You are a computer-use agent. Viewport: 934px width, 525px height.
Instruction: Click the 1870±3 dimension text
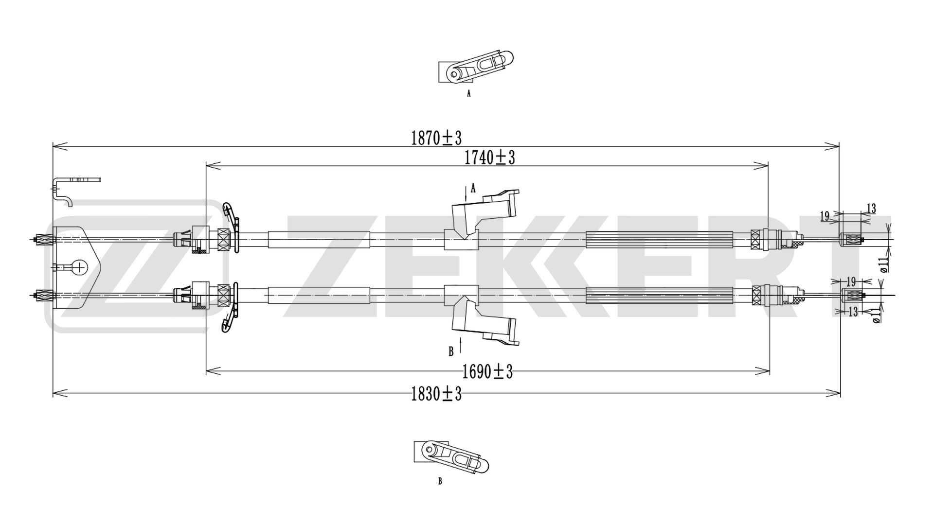[436, 138]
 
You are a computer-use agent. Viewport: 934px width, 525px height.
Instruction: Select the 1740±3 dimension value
[489, 157]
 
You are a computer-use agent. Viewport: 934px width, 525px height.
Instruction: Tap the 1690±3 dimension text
[488, 372]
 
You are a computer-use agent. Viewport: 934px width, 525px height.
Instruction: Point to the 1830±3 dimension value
[436, 394]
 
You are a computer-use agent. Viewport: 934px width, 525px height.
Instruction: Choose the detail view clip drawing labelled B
[451, 457]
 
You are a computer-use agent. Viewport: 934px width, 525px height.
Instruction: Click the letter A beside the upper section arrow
[473, 188]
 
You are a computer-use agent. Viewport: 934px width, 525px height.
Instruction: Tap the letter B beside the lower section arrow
[451, 350]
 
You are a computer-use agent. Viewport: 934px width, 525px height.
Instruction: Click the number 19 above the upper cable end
[825, 216]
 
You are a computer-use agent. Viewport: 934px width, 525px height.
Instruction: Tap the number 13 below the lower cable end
[852, 312]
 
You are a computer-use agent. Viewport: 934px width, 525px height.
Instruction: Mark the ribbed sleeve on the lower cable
[659, 295]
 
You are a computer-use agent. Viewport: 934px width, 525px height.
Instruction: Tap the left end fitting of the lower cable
[44, 295]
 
